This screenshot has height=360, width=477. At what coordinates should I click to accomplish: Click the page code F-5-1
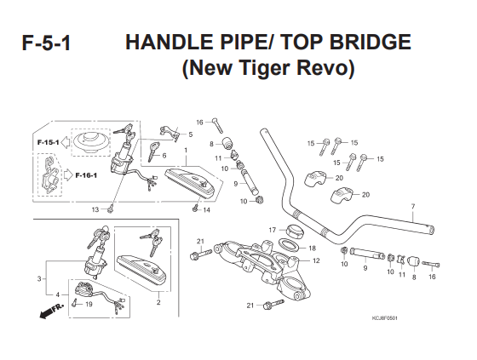46,43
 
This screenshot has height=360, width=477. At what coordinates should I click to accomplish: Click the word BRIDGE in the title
371,42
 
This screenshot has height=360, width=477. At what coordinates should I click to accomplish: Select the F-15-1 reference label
48,142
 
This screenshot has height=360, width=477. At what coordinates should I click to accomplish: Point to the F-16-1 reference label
86,175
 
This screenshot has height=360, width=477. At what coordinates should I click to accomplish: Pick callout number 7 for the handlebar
413,207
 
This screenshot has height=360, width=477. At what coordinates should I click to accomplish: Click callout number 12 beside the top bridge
316,260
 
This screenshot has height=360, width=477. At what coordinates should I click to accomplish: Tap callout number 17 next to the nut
272,230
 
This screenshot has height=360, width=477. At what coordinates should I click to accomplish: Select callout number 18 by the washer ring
312,249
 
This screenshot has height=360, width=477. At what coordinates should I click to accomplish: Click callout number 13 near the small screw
95,209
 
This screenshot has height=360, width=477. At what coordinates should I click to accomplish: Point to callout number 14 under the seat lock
206,210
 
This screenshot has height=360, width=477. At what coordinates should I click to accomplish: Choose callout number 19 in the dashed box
89,304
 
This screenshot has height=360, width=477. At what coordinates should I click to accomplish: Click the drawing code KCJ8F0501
384,318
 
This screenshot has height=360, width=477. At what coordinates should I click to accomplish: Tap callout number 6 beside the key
164,156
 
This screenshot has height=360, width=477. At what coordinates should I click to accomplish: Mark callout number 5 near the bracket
191,134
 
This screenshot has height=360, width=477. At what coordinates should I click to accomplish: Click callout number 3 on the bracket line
39,278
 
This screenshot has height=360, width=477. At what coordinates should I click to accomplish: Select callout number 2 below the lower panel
158,302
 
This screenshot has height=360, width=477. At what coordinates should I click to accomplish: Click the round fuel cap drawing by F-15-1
90,142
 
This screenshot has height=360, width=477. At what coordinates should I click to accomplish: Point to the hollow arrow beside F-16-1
68,175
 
